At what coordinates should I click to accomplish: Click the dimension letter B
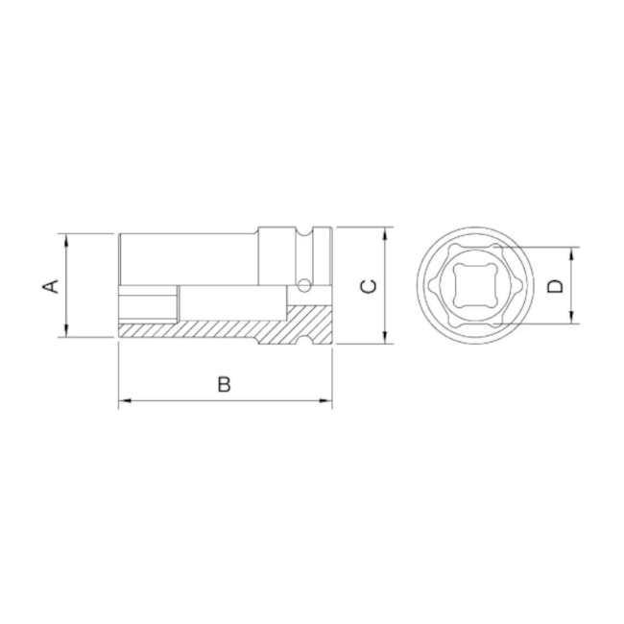click(x=223, y=384)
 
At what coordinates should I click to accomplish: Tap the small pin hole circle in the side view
click(x=304, y=284)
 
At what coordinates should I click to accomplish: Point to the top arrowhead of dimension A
click(x=66, y=238)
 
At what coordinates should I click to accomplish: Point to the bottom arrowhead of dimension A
click(x=66, y=331)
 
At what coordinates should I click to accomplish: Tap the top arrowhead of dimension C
click(x=385, y=233)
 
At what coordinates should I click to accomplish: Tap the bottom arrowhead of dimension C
click(x=385, y=337)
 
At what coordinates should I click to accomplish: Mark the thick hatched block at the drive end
click(x=305, y=322)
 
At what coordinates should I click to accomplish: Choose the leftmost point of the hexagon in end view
click(x=429, y=285)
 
